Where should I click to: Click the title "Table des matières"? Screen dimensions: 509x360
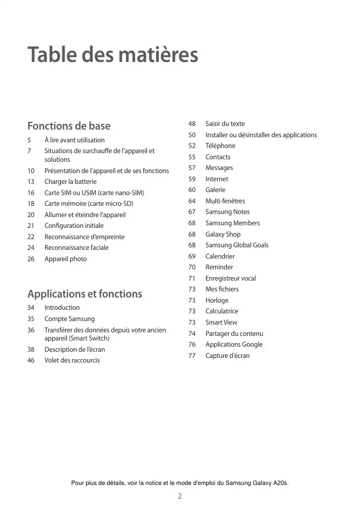coord(112,55)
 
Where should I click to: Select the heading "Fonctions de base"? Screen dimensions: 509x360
coord(69,126)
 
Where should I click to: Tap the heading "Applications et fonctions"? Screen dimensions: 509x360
coord(84,294)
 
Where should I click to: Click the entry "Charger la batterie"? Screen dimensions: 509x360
coord(70,182)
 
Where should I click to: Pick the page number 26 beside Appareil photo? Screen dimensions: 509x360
coord(31,259)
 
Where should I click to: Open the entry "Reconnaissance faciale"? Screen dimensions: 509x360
coord(76,248)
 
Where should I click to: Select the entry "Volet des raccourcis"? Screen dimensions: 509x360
coord(72,360)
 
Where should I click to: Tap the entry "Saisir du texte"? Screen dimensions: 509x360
coord(225,124)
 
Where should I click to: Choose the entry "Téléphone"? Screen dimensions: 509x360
coord(220,146)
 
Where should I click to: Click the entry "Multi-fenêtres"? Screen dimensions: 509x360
coord(225,201)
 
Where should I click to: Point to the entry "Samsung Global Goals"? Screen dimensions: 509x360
coord(237,245)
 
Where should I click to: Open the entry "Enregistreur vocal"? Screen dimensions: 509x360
coord(230,279)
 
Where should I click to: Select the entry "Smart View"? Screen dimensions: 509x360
coord(221,323)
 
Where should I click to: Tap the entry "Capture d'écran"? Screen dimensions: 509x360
coord(227,356)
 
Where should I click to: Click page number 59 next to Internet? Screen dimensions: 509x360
coord(192,179)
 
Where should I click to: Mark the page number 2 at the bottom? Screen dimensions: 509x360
coord(180,496)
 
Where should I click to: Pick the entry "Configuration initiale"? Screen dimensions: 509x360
coord(74,226)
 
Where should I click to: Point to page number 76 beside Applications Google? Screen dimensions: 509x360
coord(192,345)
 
